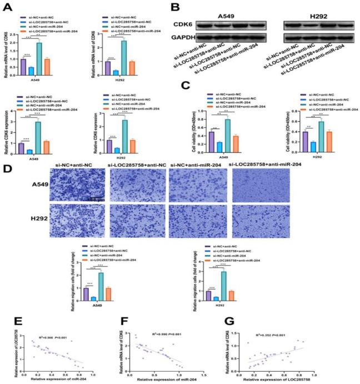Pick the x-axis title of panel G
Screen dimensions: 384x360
(291, 379)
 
